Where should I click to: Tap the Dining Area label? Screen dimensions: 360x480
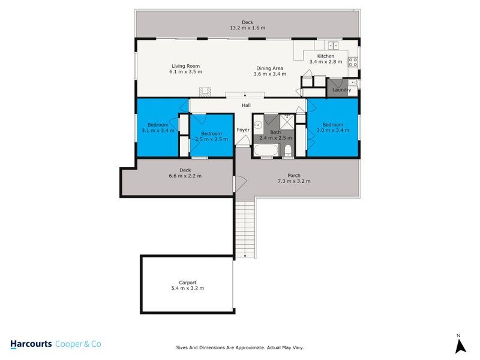(x=269, y=68)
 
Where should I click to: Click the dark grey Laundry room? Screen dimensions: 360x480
(x=341, y=89)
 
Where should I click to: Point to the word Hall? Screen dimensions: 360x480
(x=246, y=106)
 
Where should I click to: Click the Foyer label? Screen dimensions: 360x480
(x=243, y=130)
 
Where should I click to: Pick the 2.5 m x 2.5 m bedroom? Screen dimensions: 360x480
(x=211, y=137)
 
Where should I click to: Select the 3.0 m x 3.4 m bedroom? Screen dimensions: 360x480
(x=333, y=127)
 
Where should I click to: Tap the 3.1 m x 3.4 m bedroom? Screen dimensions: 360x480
(x=158, y=127)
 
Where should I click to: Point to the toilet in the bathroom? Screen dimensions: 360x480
(x=288, y=150)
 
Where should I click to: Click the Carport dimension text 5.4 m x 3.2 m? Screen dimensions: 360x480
(x=187, y=289)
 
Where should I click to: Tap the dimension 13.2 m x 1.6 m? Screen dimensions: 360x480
(x=247, y=28)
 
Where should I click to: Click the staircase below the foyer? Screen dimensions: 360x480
(x=246, y=228)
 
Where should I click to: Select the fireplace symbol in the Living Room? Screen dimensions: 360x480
(x=206, y=92)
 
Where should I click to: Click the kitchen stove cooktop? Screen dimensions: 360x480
(x=353, y=60)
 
